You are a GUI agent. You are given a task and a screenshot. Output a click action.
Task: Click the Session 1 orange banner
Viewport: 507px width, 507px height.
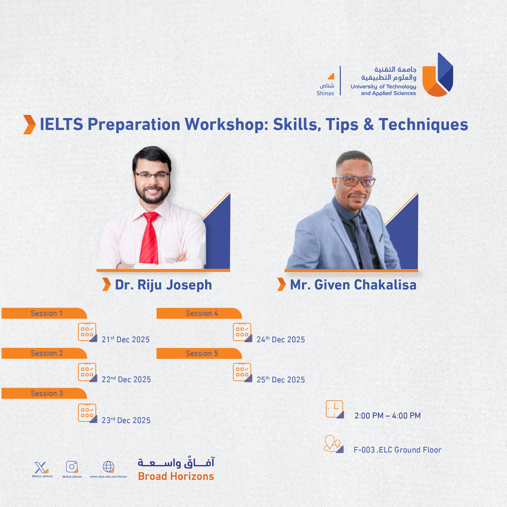coord(44,313)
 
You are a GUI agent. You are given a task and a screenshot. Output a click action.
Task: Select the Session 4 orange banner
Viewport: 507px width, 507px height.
coord(199,313)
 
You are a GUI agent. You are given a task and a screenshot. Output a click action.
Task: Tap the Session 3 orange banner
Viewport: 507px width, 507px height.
coord(44,393)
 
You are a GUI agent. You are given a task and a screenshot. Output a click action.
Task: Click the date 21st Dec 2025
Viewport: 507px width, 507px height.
coord(126,339)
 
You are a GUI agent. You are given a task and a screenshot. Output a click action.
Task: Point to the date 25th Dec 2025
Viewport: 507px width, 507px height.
coord(281,379)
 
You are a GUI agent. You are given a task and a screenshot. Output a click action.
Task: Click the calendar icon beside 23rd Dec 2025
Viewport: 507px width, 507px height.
coord(88,413)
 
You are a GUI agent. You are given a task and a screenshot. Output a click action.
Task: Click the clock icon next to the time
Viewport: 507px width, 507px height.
coord(335,409)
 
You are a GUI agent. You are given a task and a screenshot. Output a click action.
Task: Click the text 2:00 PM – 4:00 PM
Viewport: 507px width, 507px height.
coord(387,416)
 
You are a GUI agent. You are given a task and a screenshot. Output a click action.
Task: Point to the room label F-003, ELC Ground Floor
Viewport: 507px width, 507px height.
coord(397,450)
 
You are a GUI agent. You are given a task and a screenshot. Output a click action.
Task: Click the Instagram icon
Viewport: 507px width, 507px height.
coord(72,467)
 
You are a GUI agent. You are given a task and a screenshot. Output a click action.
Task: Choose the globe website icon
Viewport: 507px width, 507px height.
coord(108,467)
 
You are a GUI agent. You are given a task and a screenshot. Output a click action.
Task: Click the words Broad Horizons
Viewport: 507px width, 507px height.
coord(176,476)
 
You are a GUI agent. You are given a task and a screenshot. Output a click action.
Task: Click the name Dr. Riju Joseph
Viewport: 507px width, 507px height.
coord(164,285)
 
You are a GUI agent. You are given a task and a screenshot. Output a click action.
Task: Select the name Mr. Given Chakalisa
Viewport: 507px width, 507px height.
coord(353,285)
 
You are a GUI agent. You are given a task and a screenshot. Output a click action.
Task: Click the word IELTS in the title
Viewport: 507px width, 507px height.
coord(61,124)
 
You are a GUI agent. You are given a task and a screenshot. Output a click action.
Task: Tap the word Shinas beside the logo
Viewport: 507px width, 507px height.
coord(325,93)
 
